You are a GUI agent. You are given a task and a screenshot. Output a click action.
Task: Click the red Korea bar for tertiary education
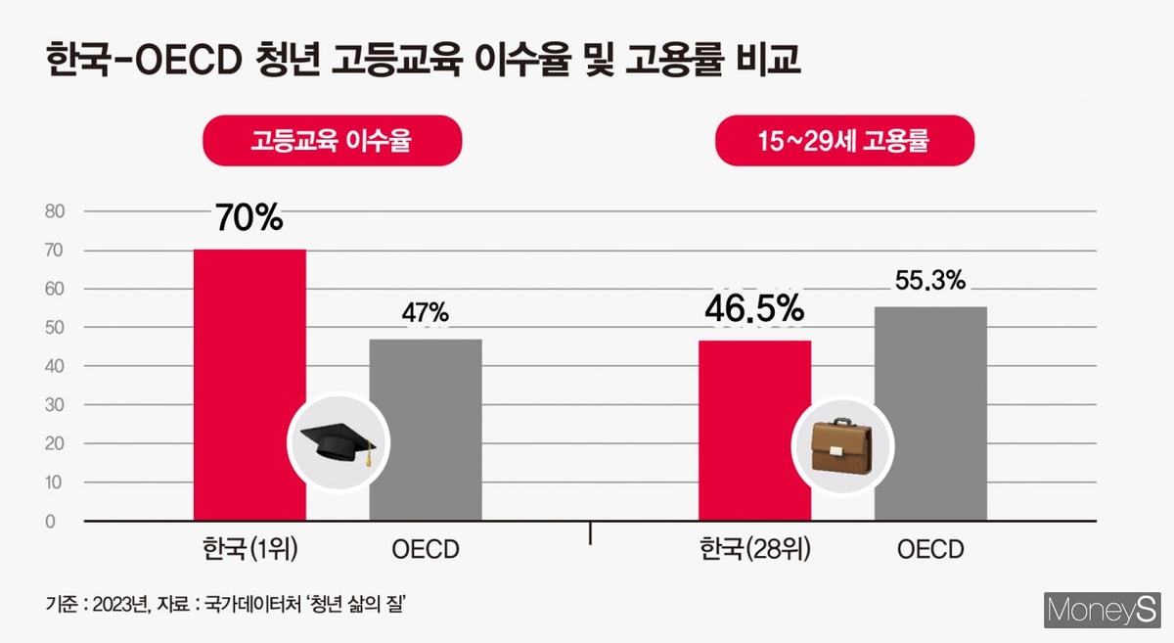coord(249,382)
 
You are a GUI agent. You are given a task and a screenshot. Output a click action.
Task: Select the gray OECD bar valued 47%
coord(426,431)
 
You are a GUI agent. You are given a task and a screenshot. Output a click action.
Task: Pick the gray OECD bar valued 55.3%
coord(930,411)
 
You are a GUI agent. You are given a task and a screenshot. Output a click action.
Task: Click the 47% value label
coord(426,313)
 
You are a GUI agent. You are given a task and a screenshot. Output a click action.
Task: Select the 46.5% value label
coord(754,309)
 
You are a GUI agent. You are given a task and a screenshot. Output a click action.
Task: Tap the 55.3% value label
coord(930,281)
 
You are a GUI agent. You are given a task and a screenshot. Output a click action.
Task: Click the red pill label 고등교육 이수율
coord(331,141)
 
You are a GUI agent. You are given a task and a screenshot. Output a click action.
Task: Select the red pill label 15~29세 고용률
coord(845,141)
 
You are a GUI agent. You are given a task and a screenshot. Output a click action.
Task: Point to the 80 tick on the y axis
coord(53,211)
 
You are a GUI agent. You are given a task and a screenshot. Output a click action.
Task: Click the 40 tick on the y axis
coord(53,366)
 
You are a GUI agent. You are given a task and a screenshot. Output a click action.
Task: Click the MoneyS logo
coord(1101,611)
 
